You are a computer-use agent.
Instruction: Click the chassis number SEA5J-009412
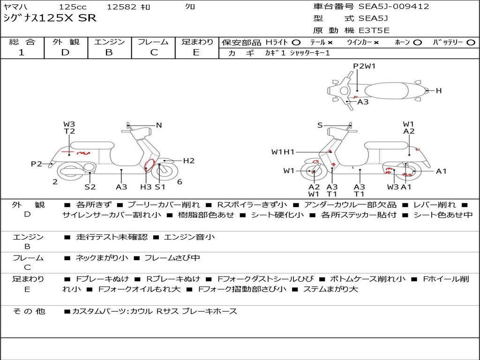(x=394, y=7)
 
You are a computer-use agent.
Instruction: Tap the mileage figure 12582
(x=121, y=7)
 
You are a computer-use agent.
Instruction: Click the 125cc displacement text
(x=73, y=7)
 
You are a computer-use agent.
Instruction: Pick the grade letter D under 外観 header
(x=66, y=52)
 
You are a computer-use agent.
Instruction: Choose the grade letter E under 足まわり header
(x=196, y=52)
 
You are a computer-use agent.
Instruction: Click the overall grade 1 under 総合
(x=22, y=52)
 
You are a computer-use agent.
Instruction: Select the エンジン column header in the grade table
(x=109, y=42)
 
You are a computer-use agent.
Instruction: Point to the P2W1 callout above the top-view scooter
(x=364, y=66)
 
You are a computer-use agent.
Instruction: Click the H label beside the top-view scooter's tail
(x=439, y=90)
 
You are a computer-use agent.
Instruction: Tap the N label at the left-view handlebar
(x=159, y=125)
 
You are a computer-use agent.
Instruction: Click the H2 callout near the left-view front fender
(x=189, y=161)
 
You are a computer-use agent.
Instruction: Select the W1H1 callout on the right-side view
(x=283, y=152)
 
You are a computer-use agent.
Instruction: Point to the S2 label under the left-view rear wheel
(x=90, y=187)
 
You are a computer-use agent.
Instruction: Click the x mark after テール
(x=330, y=43)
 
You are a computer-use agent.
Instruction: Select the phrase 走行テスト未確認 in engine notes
(x=112, y=237)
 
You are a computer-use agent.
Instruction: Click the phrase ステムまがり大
(x=330, y=289)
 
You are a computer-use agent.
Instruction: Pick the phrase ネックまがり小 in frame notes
(x=102, y=258)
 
